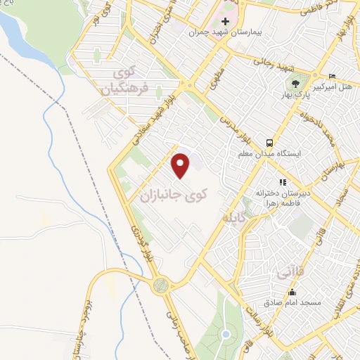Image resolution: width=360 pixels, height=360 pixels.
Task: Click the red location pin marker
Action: pos(181,165)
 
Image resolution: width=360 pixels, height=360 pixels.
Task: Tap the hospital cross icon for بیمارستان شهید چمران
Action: pos(225,21)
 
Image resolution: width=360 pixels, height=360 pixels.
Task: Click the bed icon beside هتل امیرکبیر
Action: pos(332,76)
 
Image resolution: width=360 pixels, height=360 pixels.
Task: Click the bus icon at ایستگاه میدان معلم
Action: pos(268,141)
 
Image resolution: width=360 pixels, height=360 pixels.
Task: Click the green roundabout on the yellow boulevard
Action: pos(161,285)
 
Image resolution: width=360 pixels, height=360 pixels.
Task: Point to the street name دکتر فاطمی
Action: pos(303,12)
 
